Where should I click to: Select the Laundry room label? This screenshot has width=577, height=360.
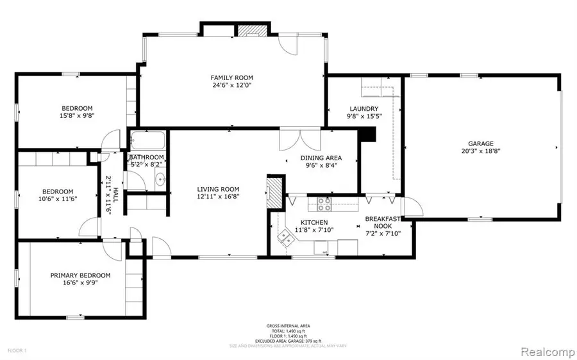(364, 109)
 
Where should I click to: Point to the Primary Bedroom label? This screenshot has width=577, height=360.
(80, 275)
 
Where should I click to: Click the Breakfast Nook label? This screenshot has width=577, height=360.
(382, 222)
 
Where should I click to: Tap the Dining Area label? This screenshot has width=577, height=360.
(321, 158)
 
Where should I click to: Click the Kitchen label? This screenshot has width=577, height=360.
(315, 222)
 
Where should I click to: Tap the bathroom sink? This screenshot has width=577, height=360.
(160, 180)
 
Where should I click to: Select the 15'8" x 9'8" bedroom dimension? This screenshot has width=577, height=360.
(77, 116)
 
